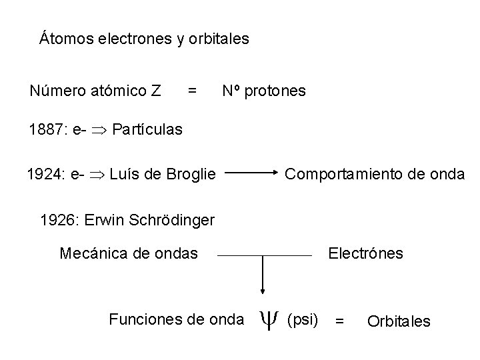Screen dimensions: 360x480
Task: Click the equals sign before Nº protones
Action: [x=192, y=90]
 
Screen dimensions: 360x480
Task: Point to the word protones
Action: [x=275, y=90]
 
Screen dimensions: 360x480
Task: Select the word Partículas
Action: [x=147, y=129]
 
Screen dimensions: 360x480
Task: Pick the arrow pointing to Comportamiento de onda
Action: [x=252, y=175]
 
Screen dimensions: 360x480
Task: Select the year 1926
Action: [x=57, y=219]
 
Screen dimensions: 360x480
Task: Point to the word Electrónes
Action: [x=366, y=253]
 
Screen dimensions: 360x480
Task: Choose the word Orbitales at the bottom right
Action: [x=399, y=321]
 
